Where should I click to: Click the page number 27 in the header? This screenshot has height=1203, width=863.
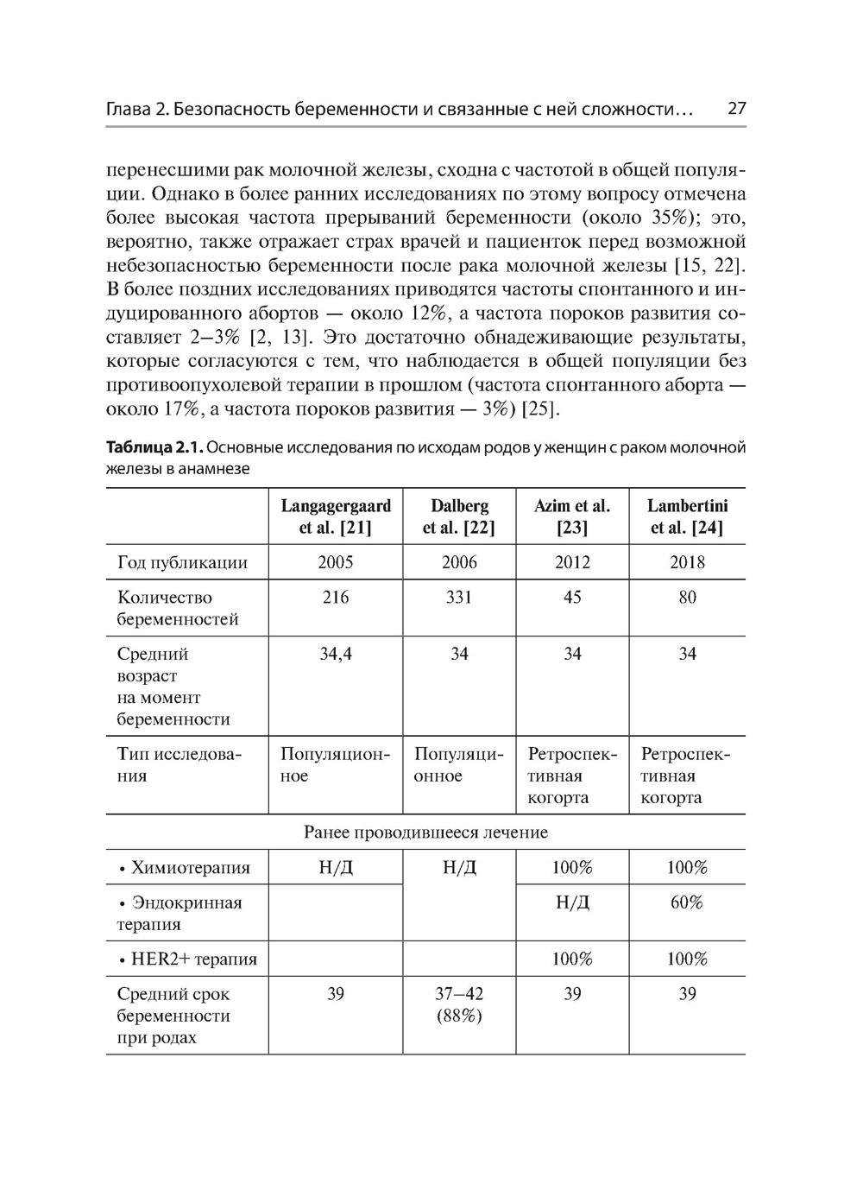[x=736, y=110]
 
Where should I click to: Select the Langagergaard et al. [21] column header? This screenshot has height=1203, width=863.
[x=335, y=516]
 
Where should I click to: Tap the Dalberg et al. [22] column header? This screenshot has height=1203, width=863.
[x=459, y=516]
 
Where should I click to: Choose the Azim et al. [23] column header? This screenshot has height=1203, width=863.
[x=572, y=516]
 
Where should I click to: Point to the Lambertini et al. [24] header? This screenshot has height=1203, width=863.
[x=687, y=516]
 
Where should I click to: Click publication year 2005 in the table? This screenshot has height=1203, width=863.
[x=335, y=562]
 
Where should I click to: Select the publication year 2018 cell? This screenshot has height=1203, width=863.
[x=687, y=562]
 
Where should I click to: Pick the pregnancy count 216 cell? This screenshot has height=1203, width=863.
[x=335, y=598]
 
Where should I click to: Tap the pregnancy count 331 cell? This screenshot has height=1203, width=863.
[x=459, y=598]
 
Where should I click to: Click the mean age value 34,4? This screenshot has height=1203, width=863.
[x=335, y=655]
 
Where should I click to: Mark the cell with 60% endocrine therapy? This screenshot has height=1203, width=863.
[x=687, y=902]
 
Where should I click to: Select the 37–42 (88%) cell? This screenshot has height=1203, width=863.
[x=459, y=1005]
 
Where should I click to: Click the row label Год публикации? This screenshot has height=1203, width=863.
[x=182, y=563]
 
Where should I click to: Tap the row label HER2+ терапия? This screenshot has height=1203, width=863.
[x=187, y=959]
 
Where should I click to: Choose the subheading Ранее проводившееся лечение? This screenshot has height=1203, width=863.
[x=425, y=833]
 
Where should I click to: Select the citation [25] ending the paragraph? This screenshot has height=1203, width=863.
[x=541, y=409]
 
